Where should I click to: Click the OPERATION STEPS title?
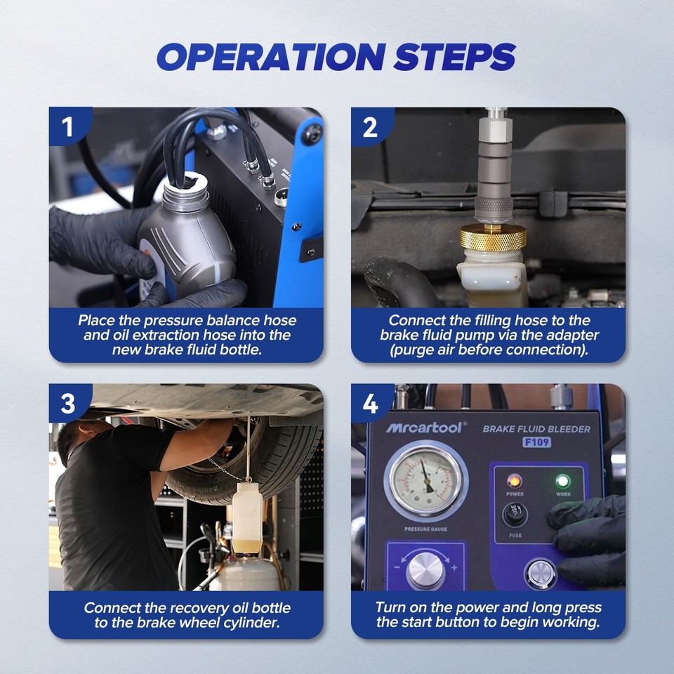tap(336, 57)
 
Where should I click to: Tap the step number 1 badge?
tap(67, 127)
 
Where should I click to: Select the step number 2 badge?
tap(370, 127)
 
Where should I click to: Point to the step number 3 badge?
tap(67, 404)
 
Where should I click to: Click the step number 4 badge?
tap(370, 404)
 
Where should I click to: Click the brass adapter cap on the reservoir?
tap(493, 238)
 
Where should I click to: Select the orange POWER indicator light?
tap(515, 481)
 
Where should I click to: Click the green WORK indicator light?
tap(562, 482)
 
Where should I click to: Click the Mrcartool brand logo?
tap(424, 428)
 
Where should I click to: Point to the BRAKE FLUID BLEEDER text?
tap(536, 428)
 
